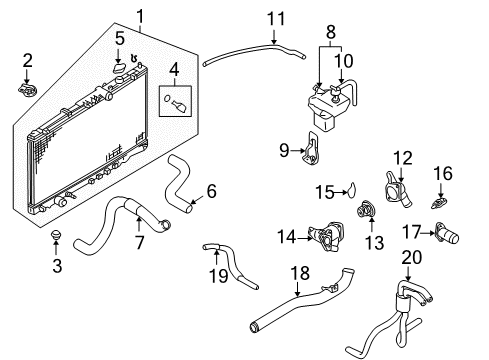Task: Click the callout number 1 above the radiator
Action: [140, 16]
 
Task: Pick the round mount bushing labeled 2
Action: [27, 90]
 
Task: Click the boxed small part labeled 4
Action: [178, 100]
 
